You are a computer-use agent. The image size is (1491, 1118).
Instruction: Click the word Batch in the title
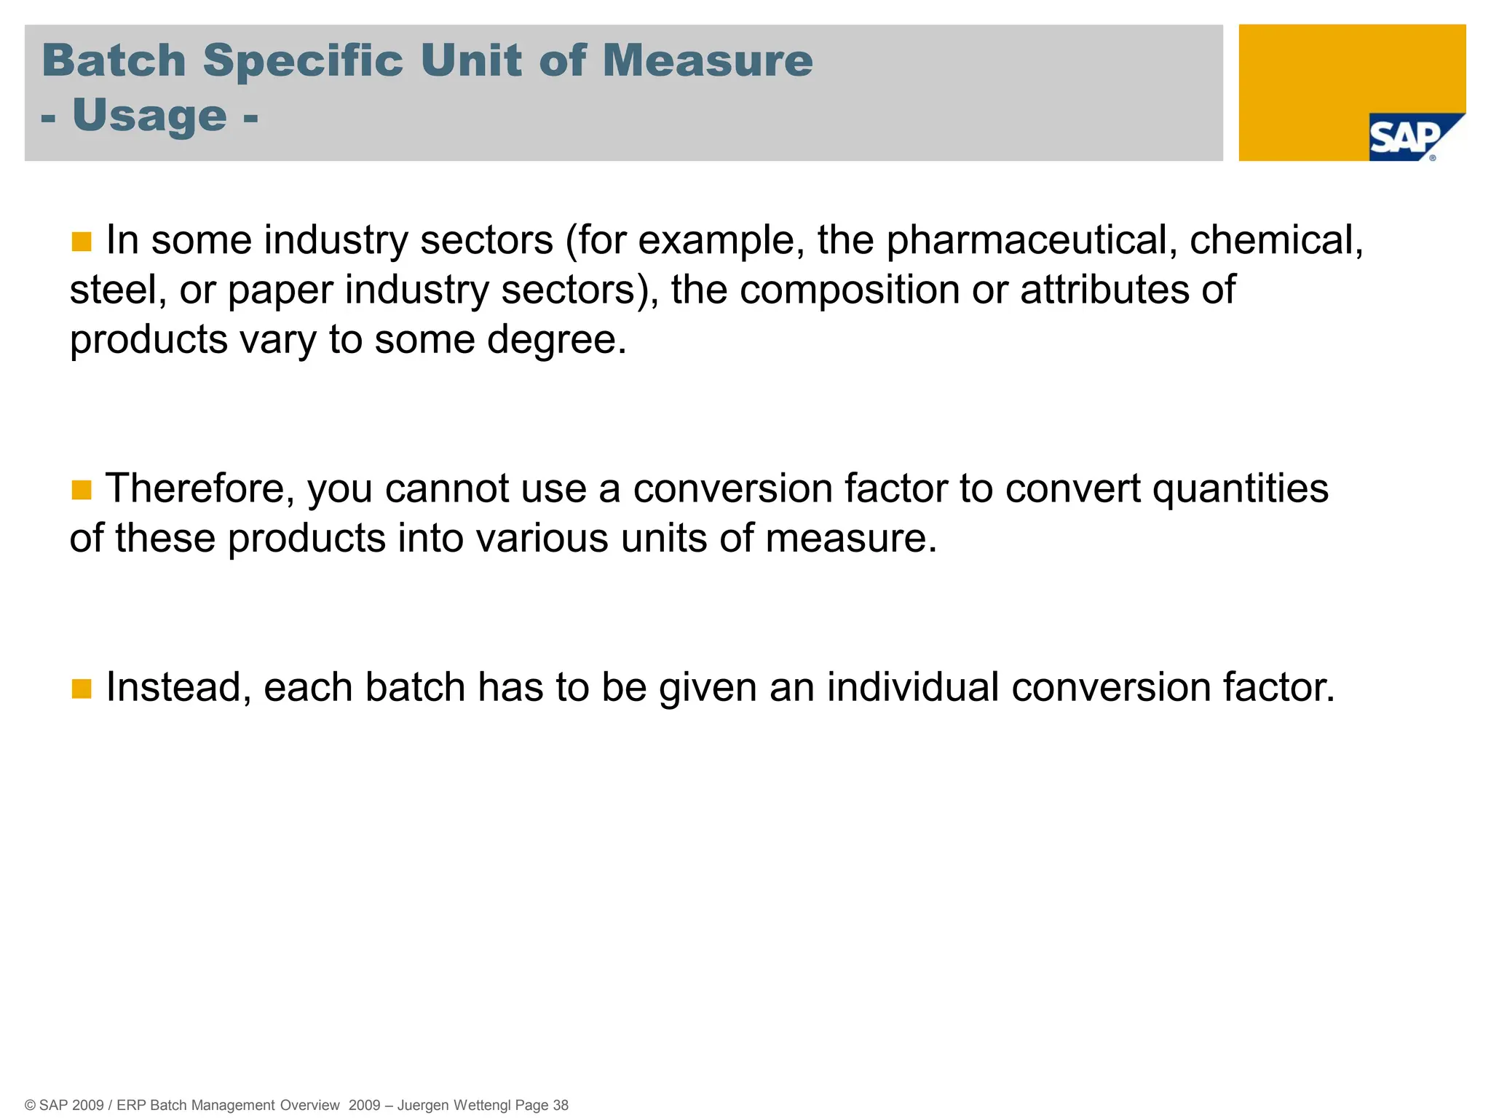pyautogui.click(x=114, y=60)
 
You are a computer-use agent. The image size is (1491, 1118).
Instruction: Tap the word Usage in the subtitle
pyautogui.click(x=150, y=115)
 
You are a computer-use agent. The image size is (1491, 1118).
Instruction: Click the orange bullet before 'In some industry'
pyautogui.click(x=82, y=241)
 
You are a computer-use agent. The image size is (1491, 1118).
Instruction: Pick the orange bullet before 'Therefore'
pyautogui.click(x=82, y=490)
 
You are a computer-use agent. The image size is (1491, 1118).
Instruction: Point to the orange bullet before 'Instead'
pyautogui.click(x=82, y=688)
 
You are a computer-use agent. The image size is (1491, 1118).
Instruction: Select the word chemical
pyautogui.click(x=1276, y=240)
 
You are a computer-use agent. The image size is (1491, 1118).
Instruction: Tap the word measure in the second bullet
pyautogui.click(x=850, y=539)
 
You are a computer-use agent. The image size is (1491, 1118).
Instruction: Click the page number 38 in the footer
pyautogui.click(x=561, y=1105)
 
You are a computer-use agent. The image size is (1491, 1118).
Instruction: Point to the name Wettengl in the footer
pyautogui.click(x=482, y=1105)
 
